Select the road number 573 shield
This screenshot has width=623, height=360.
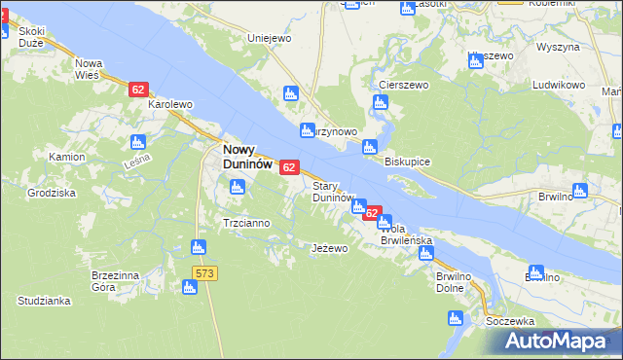click(x=203, y=273)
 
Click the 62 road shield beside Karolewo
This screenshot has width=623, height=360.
click(x=137, y=90)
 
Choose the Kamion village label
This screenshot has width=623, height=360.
click(x=64, y=156)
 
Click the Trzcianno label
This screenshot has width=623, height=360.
click(x=246, y=223)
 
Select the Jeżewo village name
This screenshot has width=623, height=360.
click(x=329, y=248)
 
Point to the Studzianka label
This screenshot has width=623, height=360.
click(x=44, y=302)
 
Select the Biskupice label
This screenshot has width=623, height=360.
click(x=407, y=161)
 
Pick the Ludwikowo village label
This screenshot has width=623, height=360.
click(x=559, y=86)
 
